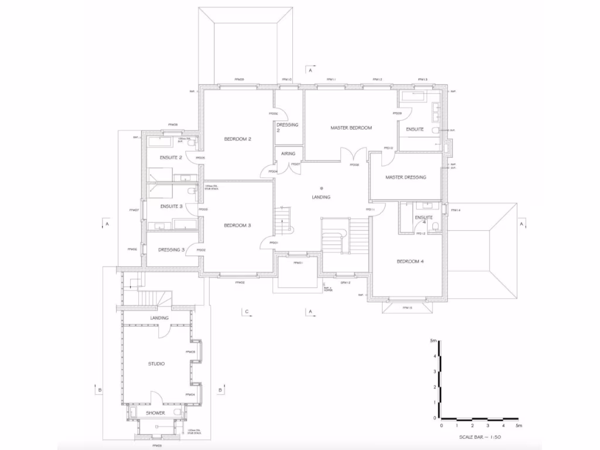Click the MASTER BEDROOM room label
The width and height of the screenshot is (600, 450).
(351, 128)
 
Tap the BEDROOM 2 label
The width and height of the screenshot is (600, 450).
(238, 139)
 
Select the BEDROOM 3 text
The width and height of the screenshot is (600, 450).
(238, 225)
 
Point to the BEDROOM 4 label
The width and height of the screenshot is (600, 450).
(410, 261)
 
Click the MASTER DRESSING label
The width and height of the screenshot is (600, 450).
(405, 177)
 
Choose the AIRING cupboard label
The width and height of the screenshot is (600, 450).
(288, 154)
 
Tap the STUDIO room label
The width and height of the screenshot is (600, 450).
(156, 364)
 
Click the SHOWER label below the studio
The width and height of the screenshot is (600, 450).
(155, 413)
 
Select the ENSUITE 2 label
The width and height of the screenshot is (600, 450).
(172, 158)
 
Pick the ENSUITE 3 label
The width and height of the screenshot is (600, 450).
(172, 206)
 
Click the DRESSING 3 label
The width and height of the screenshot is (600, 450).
(172, 250)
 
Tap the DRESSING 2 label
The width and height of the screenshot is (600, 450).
(288, 128)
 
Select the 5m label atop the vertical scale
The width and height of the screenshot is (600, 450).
(433, 340)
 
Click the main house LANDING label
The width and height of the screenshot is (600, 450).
(321, 197)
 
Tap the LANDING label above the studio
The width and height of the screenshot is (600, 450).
(159, 318)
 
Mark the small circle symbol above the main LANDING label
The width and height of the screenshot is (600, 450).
(322, 187)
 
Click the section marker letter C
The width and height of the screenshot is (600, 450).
(247, 311)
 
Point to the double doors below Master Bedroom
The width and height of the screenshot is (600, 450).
(354, 155)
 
